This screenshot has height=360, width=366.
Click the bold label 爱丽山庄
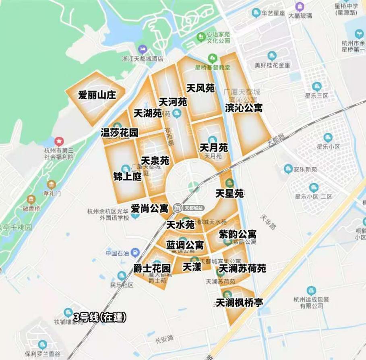pos(97,95)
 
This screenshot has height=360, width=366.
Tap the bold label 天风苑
pos(201,88)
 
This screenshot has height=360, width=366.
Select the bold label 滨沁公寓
pos(244,108)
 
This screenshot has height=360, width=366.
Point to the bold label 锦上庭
pos(127,176)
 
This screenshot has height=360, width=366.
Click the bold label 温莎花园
pos(120,132)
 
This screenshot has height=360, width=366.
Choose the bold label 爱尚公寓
pos(149,209)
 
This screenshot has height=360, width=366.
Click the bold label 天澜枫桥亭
pos(240,302)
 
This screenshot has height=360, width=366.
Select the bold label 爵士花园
pos(152,268)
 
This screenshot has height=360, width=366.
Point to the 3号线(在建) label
pos(100,317)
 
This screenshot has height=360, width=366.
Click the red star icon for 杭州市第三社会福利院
pos(59,141)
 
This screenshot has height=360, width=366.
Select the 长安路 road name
pos(164,339)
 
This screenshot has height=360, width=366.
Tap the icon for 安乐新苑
pos(288,169)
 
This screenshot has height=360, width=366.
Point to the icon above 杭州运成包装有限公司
pos(311,290)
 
